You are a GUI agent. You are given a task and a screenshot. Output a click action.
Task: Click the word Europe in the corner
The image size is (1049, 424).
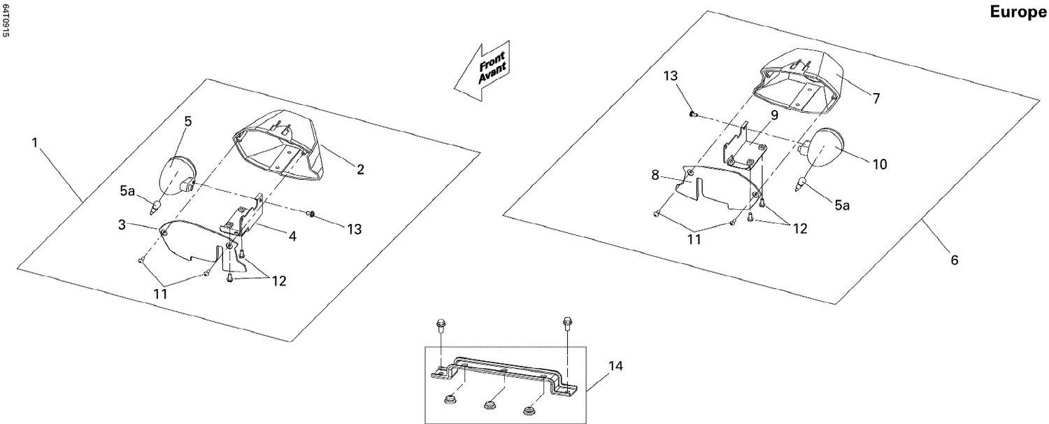[1018, 13]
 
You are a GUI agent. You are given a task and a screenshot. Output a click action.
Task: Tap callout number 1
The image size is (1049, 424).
[35, 142]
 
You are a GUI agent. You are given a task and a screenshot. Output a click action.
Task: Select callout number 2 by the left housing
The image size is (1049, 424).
[360, 169]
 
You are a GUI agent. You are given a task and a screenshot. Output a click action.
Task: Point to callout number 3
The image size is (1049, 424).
[122, 225]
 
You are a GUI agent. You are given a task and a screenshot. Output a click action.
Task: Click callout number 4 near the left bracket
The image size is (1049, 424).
[292, 237]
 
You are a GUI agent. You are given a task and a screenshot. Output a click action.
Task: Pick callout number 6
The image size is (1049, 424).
[955, 260]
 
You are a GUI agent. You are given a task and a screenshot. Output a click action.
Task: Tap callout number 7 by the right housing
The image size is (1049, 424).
[876, 99]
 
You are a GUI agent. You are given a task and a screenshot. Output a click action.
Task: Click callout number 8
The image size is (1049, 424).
[655, 175]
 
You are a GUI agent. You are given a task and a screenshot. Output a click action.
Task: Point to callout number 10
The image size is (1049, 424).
[879, 164]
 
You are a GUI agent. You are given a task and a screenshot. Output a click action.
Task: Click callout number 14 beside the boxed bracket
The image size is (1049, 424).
[615, 366]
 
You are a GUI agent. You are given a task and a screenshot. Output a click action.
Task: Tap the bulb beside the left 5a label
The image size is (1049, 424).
[156, 206]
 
